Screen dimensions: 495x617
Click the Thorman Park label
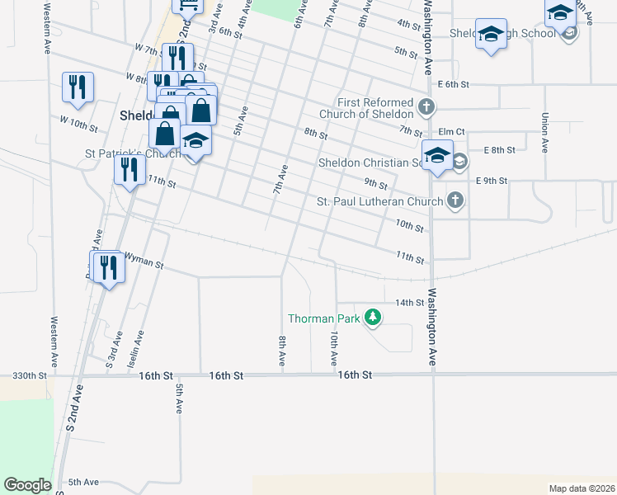(323, 318)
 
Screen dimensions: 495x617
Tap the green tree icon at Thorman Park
(373, 317)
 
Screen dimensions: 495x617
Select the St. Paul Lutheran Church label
(380, 201)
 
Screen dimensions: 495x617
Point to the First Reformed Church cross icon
(426, 106)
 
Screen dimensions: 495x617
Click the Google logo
(27, 485)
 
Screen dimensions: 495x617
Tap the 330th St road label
(29, 375)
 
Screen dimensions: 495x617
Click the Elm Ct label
(452, 131)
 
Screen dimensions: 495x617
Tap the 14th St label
(408, 303)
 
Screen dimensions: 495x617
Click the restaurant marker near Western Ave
(78, 87)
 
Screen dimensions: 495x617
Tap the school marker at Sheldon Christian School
(437, 154)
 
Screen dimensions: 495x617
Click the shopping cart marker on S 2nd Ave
(188, 5)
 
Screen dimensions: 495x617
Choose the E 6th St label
(454, 84)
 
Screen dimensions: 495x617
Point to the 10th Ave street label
(334, 348)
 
